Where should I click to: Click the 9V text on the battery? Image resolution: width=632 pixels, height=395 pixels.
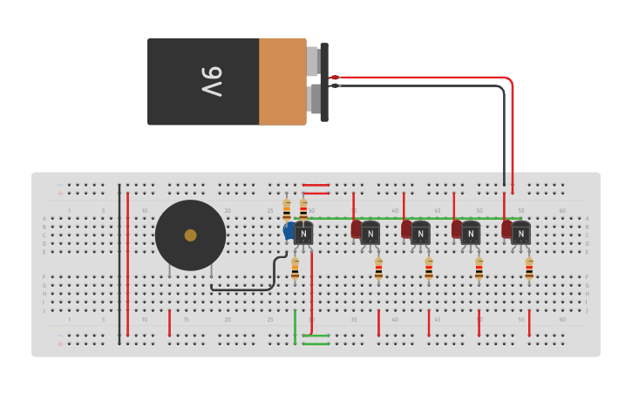(x=212, y=81)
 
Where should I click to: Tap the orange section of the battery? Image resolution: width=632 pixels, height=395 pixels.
(x=282, y=81)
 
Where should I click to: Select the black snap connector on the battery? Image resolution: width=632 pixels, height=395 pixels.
(x=324, y=82)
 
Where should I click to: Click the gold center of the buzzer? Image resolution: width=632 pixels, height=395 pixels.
(x=190, y=235)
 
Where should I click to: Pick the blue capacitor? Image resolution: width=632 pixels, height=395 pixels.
(x=289, y=231)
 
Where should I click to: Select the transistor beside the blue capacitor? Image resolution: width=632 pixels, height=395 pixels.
(x=303, y=233)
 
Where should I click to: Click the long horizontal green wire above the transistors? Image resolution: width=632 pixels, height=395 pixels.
(x=410, y=218)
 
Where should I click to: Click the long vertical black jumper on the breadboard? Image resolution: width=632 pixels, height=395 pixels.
(x=119, y=262)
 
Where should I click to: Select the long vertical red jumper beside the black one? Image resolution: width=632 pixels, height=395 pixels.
(x=128, y=262)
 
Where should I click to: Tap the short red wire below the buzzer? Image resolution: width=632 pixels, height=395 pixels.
(x=169, y=322)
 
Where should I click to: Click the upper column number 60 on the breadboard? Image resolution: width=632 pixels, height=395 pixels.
(x=562, y=210)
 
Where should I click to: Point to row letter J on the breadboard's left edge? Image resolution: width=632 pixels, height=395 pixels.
(x=44, y=310)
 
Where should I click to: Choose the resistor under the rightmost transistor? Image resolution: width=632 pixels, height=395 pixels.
(x=529, y=269)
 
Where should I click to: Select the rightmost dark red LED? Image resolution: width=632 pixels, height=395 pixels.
(x=506, y=228)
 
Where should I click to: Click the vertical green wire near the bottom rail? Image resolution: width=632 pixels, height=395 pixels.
(x=295, y=323)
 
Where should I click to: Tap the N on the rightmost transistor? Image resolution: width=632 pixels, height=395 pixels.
(x=520, y=234)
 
